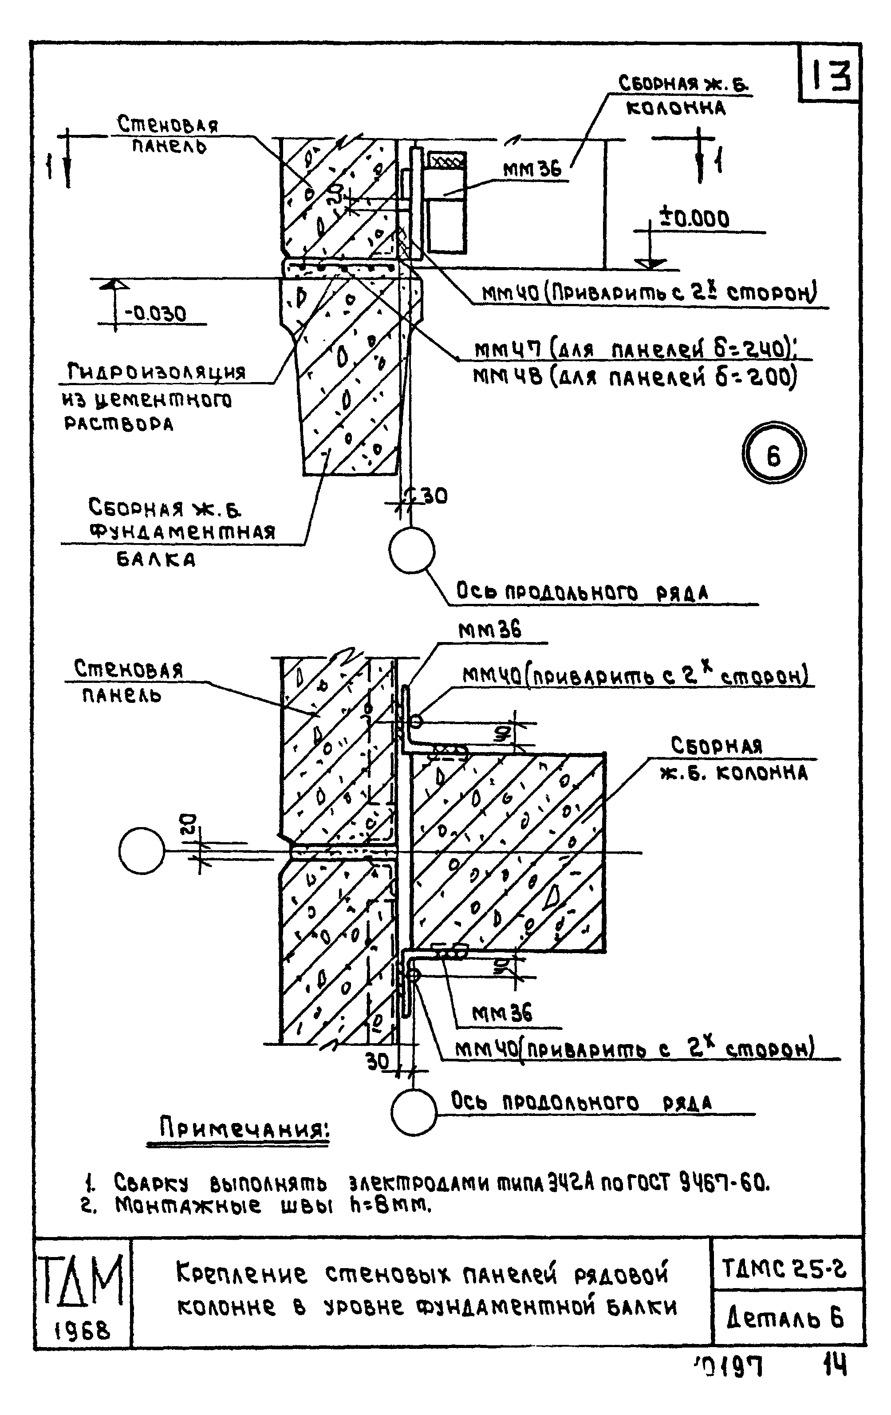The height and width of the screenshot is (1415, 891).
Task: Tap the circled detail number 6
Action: pos(773,453)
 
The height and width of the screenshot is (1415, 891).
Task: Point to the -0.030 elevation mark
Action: pos(155,313)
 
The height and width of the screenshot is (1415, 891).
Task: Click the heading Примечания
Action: pos(244,1128)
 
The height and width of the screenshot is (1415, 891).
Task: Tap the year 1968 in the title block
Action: pos(82,1330)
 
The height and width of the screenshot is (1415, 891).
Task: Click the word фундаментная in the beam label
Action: pos(182,532)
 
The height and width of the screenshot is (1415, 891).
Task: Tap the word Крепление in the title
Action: pos(241,1273)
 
